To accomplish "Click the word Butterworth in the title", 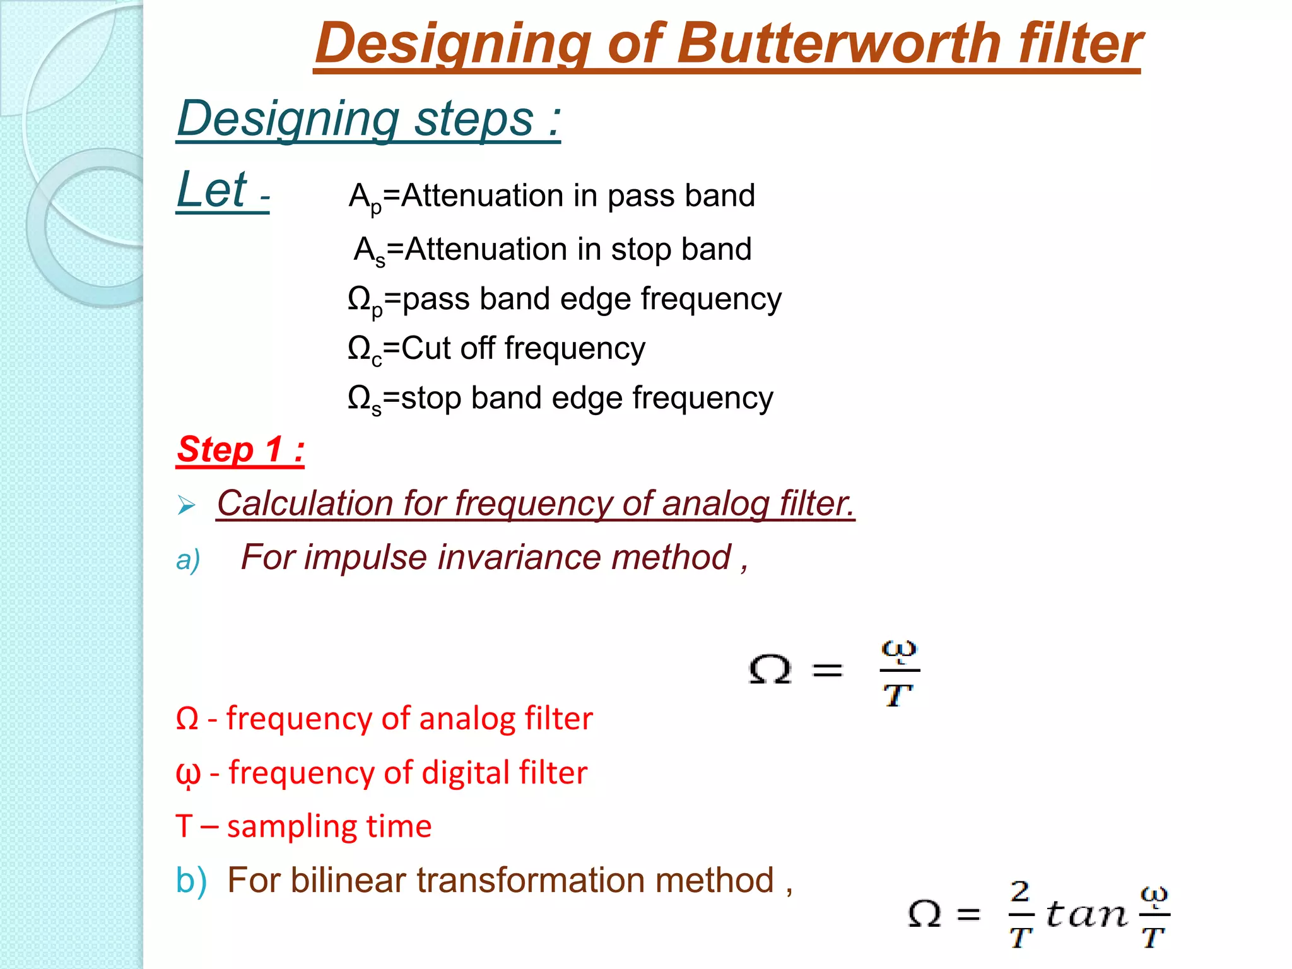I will (843, 44).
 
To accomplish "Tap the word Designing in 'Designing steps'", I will (288, 120).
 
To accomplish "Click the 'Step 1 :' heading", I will (240, 450).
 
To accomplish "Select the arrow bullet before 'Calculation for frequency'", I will (186, 505).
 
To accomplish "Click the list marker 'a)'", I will (188, 560).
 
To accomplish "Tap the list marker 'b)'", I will (191, 881).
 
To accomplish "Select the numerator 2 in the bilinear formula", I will (1020, 892).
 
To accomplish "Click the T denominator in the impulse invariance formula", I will (898, 696).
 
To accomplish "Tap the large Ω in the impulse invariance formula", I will (770, 669).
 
